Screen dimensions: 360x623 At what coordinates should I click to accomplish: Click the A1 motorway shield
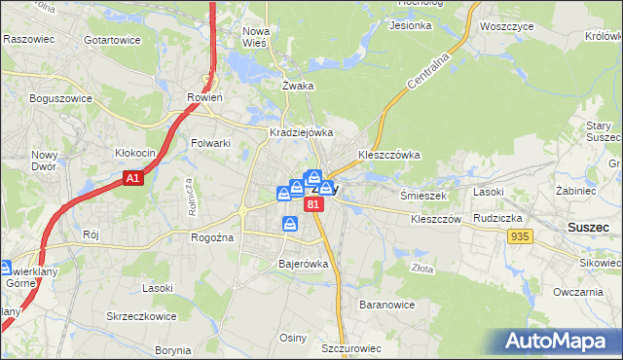[x=134, y=179]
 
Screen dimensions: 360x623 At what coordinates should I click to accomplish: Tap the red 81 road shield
[x=312, y=205]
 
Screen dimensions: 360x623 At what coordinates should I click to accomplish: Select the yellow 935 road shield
[x=519, y=236]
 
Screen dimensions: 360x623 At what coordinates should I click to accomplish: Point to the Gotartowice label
[x=113, y=40]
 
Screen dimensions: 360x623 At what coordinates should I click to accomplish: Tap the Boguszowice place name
[x=60, y=98]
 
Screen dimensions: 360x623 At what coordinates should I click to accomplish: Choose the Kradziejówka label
[x=302, y=132]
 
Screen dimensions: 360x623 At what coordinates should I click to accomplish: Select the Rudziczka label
[x=498, y=218]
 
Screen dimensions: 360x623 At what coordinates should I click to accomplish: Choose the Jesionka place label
[x=409, y=25]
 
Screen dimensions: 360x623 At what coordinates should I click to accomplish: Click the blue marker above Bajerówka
[x=290, y=225]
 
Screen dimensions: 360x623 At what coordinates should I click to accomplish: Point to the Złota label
[x=423, y=269]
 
